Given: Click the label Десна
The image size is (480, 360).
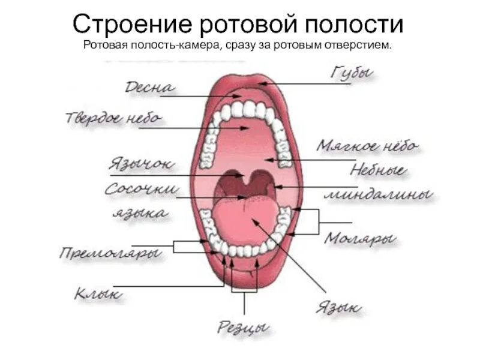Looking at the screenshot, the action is click(x=149, y=88).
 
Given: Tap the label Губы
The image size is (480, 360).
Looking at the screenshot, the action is click(x=352, y=74).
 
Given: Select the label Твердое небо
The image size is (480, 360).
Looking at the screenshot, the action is click(x=113, y=118).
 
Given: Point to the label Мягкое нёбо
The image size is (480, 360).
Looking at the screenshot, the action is click(x=368, y=146).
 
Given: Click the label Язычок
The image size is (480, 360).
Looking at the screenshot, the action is click(x=142, y=163).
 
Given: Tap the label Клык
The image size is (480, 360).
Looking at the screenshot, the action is click(x=98, y=293).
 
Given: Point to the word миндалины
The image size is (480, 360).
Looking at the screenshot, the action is click(x=378, y=195).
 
